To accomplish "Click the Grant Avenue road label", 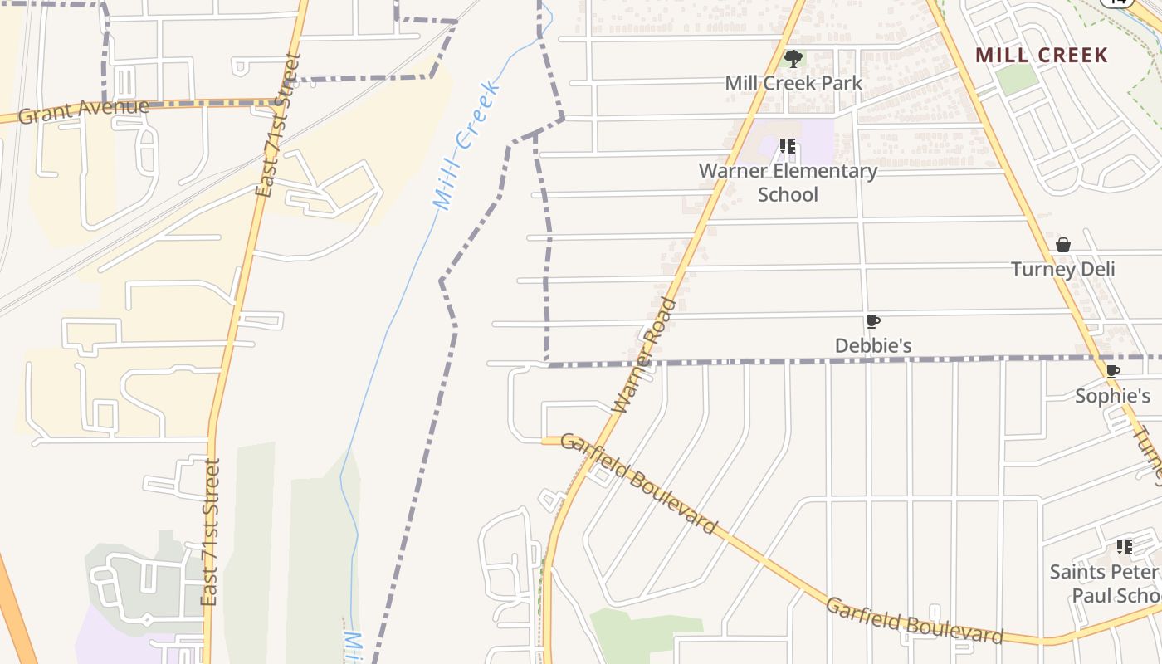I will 83,110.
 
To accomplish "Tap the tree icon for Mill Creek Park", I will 793,58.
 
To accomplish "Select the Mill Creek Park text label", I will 793,83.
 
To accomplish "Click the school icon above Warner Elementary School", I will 788,147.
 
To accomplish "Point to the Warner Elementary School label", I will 788,183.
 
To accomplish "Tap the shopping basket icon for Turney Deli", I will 1063,245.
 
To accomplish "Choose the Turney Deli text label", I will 1062,269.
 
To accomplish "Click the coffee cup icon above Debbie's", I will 872,322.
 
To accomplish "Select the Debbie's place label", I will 873,345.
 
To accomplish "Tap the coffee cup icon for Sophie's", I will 1113,371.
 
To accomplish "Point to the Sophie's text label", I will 1113,396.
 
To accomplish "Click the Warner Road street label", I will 644,355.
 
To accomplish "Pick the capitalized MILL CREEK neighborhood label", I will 1041,56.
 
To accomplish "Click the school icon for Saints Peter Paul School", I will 1125,547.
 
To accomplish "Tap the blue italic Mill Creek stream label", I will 466,145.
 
